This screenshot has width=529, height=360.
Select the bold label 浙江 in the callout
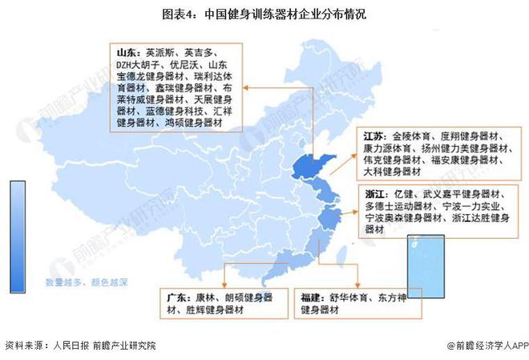click(374, 195)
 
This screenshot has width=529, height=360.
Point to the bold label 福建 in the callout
click(314, 297)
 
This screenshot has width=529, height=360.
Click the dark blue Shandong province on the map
click(305, 167)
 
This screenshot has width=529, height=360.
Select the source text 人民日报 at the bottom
click(70, 346)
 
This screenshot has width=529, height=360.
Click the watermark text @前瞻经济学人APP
click(483, 346)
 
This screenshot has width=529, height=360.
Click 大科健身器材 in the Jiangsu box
click(392, 171)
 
